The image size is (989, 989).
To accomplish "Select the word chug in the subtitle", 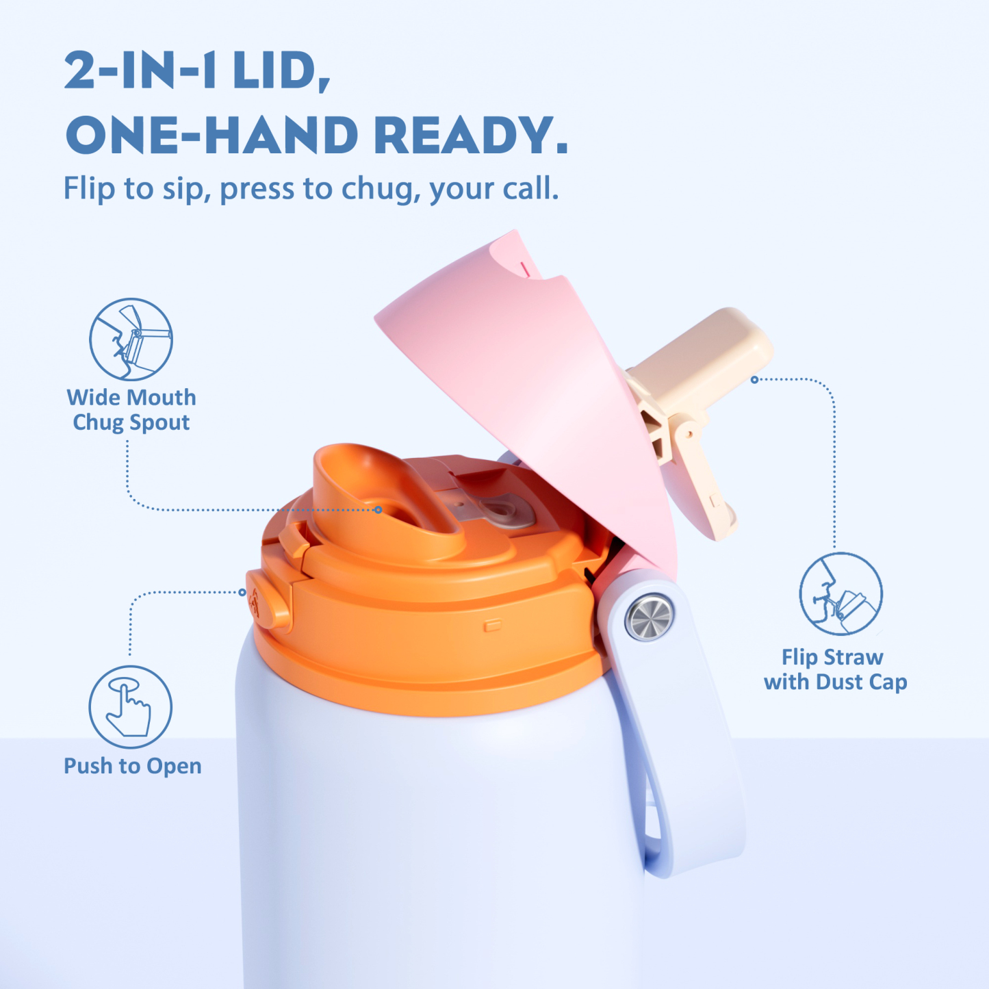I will tap(378, 188).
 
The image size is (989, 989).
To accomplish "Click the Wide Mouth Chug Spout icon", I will tap(131, 339).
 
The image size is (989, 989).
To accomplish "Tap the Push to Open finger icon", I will tap(130, 707).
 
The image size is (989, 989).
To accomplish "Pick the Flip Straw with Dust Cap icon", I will tap(840, 594).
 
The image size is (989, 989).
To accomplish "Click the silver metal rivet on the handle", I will tap(650, 617).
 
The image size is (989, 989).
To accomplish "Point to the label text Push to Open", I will tap(133, 766).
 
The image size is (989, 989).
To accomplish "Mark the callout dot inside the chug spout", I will tap(378, 510).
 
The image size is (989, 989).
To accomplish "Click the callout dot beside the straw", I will tap(754, 379).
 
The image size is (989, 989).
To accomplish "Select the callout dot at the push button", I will tap(242, 592).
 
